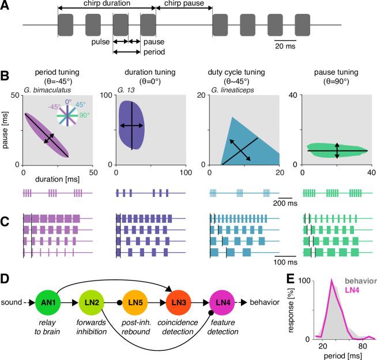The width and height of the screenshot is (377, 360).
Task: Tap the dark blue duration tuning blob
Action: pos(131,124)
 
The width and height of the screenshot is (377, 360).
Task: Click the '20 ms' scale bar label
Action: pos(282,46)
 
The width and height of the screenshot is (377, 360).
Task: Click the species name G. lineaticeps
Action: pos(230,90)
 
